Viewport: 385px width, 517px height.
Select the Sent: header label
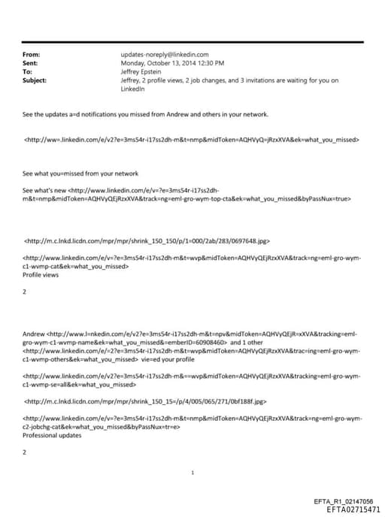coord(32,63)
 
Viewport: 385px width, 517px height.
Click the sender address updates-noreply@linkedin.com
coord(164,54)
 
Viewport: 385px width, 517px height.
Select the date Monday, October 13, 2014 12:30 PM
coord(172,63)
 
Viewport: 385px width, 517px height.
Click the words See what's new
coord(44,190)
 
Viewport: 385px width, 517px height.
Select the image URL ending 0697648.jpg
coord(147,241)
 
